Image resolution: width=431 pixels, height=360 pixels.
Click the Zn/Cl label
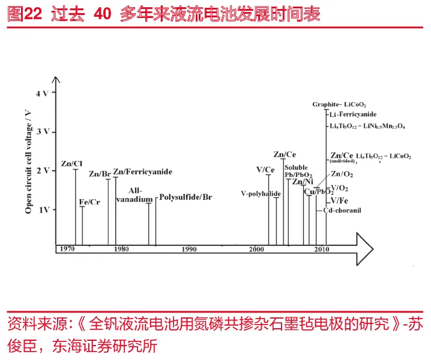[71, 164]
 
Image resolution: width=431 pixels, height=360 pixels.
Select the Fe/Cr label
[89, 202]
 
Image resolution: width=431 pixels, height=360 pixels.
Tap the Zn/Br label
[100, 174]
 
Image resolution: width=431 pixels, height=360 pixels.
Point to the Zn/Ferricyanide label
[142, 172]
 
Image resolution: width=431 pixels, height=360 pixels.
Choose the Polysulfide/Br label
[185, 197]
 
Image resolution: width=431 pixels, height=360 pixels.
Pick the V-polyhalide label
[261, 194]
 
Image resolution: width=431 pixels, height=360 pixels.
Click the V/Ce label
[265, 170]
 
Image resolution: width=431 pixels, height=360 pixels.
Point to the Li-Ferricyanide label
[353, 114]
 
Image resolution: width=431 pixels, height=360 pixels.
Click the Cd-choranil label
[342, 211]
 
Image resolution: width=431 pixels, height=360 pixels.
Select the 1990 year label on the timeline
[190, 249]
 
